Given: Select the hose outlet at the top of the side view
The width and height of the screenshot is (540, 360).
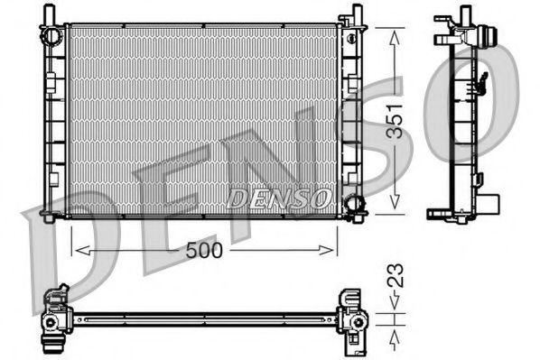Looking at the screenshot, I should coord(489,39).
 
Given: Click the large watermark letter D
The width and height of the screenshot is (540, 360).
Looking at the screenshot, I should coord(63,235).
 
